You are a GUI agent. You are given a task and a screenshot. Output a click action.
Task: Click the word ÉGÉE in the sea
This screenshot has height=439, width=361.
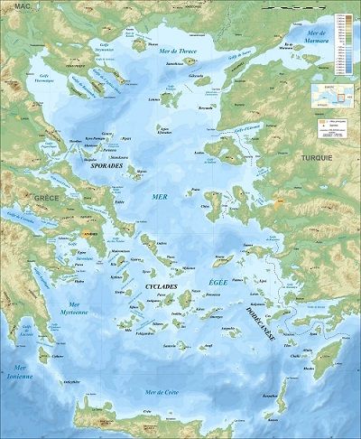click(218, 284)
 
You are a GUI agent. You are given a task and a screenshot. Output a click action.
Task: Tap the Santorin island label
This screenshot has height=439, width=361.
click(168, 345)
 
